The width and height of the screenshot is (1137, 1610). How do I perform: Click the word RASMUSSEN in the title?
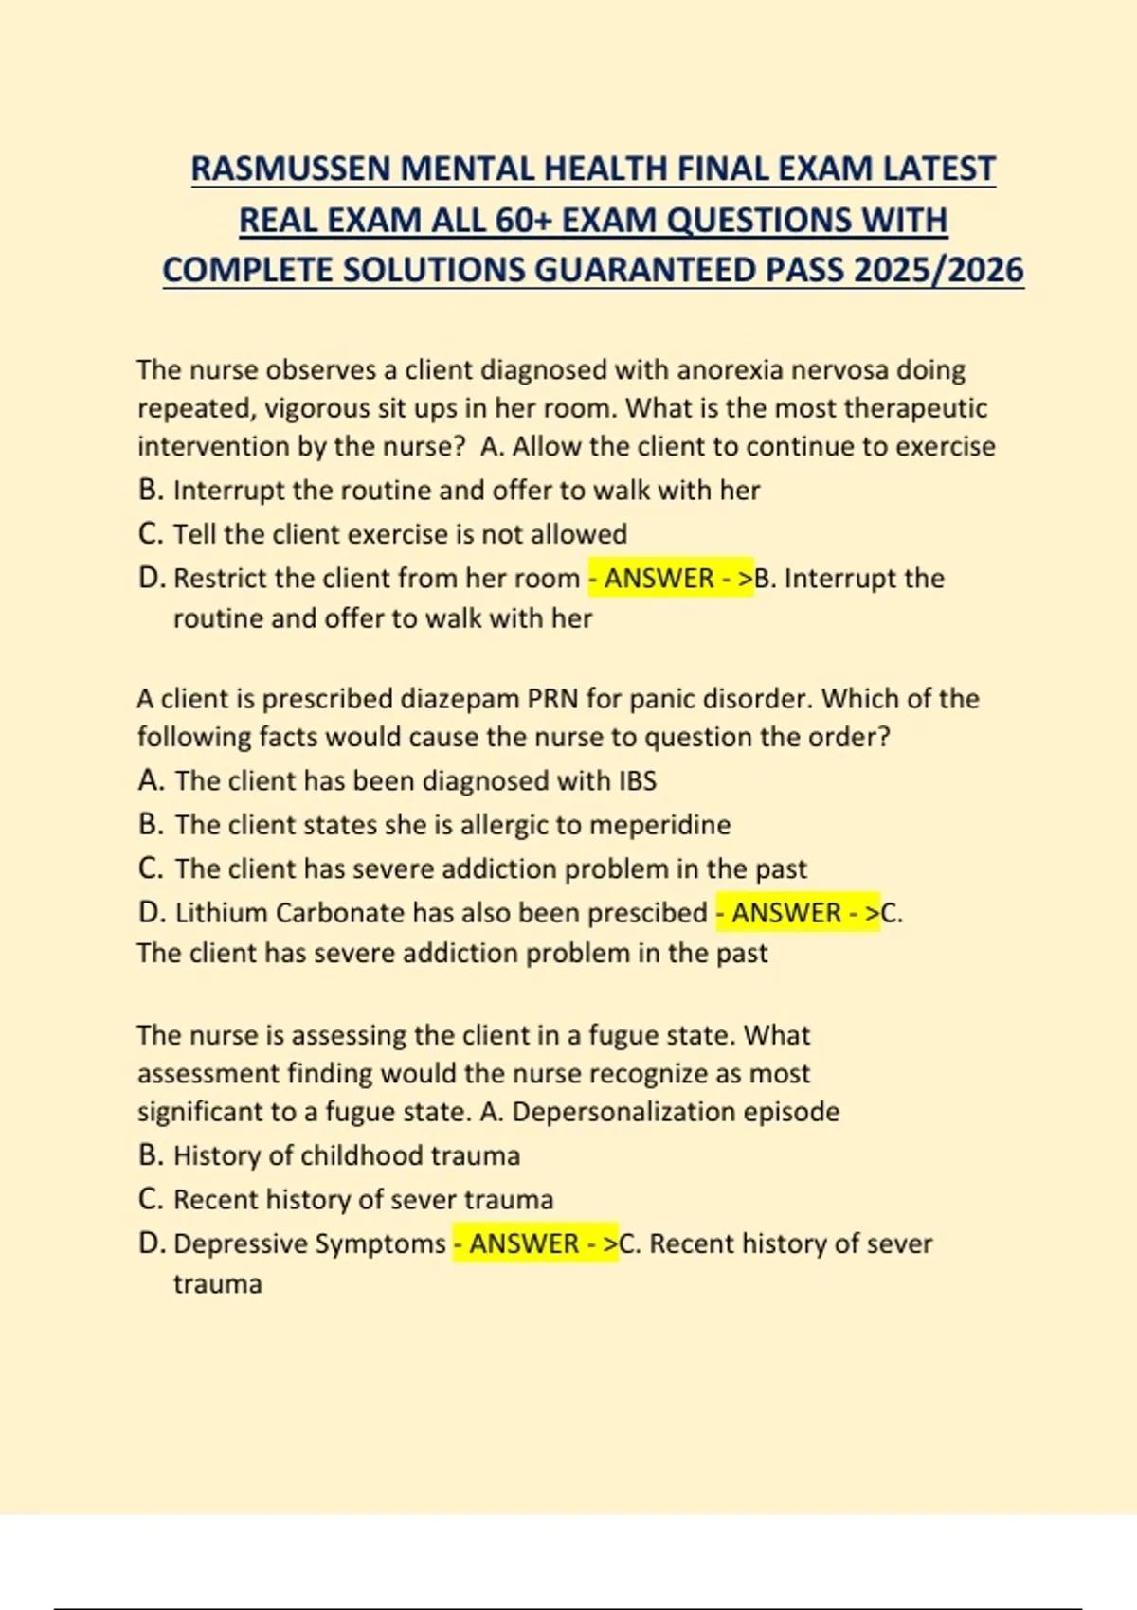click(x=291, y=169)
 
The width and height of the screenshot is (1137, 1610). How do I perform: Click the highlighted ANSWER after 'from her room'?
click(x=659, y=579)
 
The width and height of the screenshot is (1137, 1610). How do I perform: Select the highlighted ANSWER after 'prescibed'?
click(x=785, y=913)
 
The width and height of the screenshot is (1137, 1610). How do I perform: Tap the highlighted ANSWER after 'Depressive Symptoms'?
click(x=524, y=1243)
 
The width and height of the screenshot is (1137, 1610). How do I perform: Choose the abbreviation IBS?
click(x=637, y=781)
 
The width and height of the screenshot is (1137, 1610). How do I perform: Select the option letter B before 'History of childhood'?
click(x=149, y=1155)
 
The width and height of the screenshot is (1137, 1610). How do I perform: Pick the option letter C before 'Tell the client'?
click(x=149, y=534)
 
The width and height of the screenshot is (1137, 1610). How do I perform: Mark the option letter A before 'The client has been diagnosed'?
click(x=149, y=781)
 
